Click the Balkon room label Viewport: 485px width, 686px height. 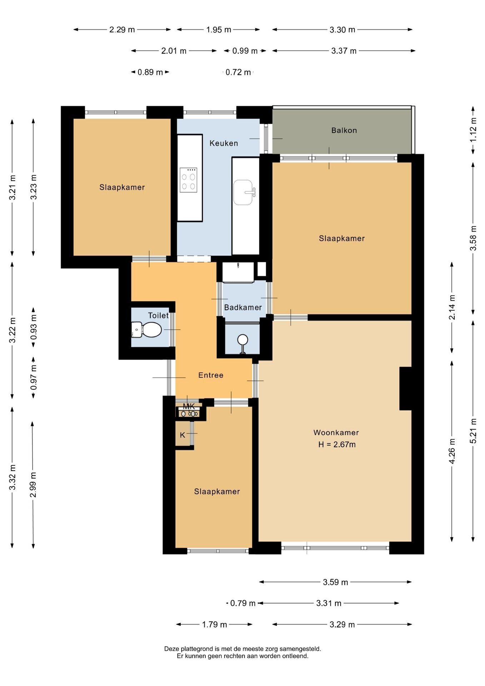pos(344,130)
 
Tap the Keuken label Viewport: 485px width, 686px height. pos(224,143)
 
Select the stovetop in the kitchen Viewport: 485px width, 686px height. pos(189,180)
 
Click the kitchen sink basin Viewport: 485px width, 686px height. pos(243,192)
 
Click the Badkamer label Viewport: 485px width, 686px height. pos(243,307)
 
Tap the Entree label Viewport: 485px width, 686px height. pos(211,375)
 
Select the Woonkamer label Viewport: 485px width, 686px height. pos(336,433)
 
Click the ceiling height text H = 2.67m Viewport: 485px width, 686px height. pos(337,445)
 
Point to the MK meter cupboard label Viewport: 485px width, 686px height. pos(189,406)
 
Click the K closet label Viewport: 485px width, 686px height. pos(182,435)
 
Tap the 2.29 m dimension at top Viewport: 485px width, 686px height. pos(122,30)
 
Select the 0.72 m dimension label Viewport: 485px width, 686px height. pos(238,72)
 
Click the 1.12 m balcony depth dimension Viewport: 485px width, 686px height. pos(473,130)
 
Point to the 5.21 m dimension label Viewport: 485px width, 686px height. pos(473,431)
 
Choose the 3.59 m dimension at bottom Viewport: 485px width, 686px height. pos(335,582)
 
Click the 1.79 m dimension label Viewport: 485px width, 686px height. pos(214,625)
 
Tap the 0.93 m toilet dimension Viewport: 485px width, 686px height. pos(34,327)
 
